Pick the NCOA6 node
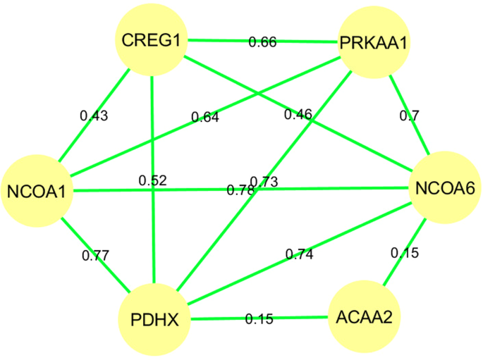[x=446, y=188]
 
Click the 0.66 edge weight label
[x=262, y=42]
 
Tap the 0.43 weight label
[x=94, y=116]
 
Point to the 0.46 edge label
[x=298, y=113]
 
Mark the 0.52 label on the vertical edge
[x=153, y=181]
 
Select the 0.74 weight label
[x=299, y=253]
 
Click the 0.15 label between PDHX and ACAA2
[x=259, y=319]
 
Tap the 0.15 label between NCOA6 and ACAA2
[x=405, y=252]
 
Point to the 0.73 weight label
[x=264, y=182]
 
